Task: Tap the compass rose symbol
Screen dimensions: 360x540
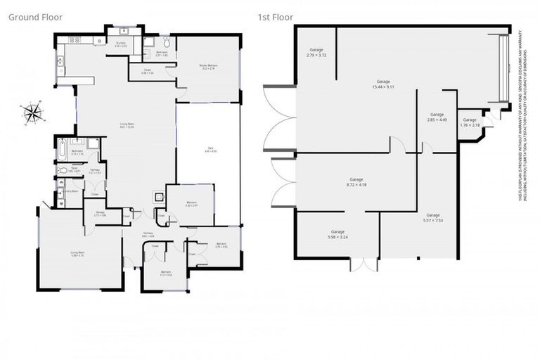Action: point(32,111)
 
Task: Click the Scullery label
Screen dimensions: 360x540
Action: point(121,44)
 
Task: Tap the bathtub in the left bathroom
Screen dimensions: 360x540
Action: point(61,149)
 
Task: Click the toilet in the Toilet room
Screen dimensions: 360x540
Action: point(63,169)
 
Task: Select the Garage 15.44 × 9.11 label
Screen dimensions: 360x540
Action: point(383,84)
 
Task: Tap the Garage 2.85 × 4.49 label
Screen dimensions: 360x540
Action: point(437,117)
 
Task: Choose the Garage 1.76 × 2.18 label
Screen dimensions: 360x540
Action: point(469,122)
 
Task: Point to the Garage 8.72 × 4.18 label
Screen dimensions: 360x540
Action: point(356,183)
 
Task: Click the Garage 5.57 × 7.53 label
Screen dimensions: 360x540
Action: point(432,217)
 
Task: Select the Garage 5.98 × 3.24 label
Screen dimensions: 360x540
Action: point(337,234)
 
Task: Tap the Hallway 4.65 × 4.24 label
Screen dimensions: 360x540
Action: point(148,235)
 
